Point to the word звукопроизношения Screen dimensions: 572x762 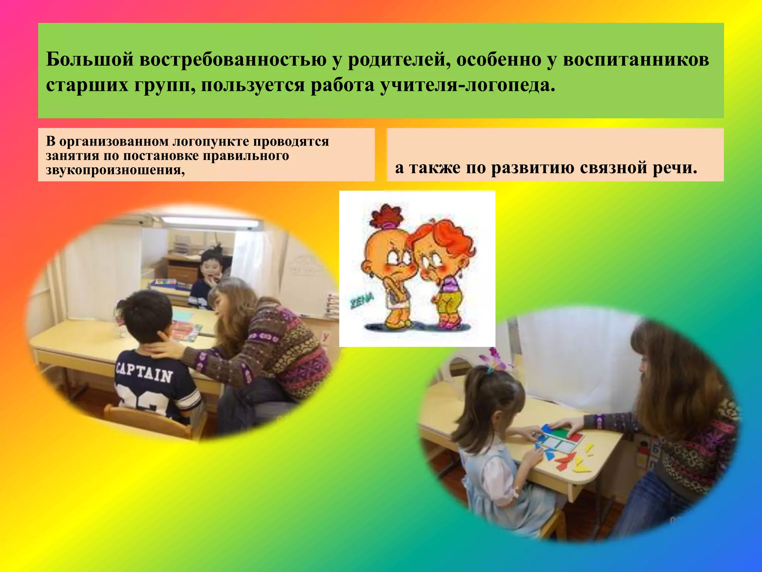[115, 170]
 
